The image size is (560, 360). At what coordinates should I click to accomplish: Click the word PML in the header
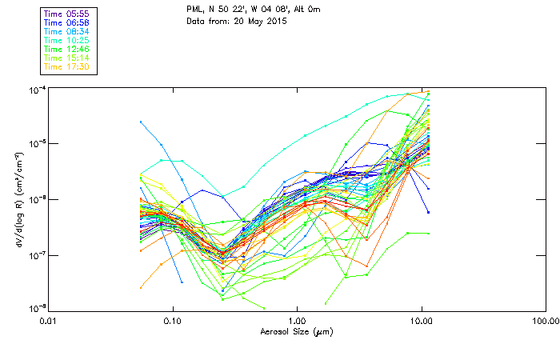[x=194, y=8]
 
